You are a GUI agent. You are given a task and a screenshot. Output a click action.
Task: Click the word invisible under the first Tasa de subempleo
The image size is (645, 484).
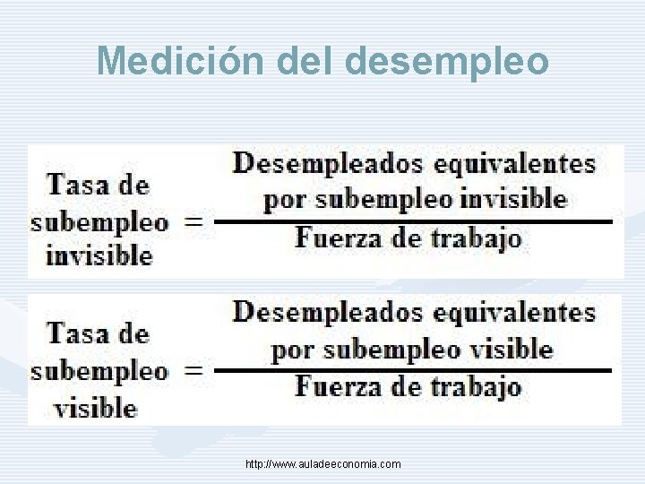click(99, 255)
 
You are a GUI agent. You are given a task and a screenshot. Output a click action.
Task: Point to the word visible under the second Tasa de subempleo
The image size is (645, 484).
click(96, 409)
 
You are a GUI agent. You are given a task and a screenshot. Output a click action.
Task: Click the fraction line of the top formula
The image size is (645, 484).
click(414, 220)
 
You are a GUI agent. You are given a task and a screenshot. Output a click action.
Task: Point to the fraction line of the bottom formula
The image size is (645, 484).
click(414, 369)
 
